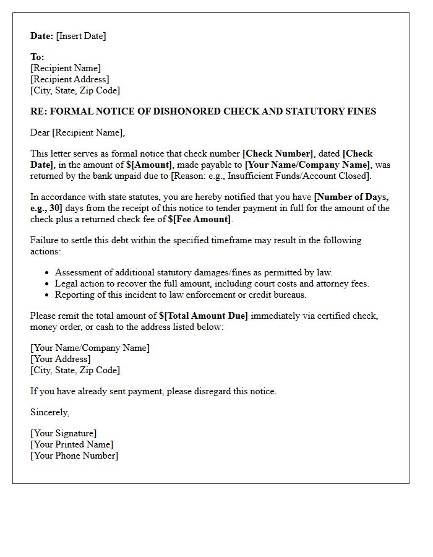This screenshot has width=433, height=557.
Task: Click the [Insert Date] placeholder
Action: click(81, 36)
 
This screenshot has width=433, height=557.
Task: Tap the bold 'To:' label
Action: click(37, 57)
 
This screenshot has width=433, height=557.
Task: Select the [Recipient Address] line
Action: click(69, 79)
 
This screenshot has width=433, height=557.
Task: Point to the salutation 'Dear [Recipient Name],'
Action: click(77, 132)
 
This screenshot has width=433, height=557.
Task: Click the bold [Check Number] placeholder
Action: click(278, 153)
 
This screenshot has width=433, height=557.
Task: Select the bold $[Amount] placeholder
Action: click(149, 165)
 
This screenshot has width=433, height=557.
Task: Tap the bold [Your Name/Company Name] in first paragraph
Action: click(307, 165)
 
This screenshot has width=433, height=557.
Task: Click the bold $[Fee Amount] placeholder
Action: click(199, 219)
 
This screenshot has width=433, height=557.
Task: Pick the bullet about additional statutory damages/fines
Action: click(194, 272)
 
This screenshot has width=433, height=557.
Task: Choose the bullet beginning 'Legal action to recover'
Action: click(212, 283)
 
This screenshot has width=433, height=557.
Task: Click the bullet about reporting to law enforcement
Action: click(181, 295)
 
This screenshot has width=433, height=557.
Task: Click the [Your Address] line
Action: click(60, 359)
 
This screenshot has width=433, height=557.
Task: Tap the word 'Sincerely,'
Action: click(49, 412)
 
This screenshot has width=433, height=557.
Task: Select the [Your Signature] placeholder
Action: click(63, 433)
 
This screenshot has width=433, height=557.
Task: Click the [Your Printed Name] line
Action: click(72, 444)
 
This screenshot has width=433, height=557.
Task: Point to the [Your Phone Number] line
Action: click(74, 456)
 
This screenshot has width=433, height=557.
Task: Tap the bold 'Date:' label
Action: click(41, 36)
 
